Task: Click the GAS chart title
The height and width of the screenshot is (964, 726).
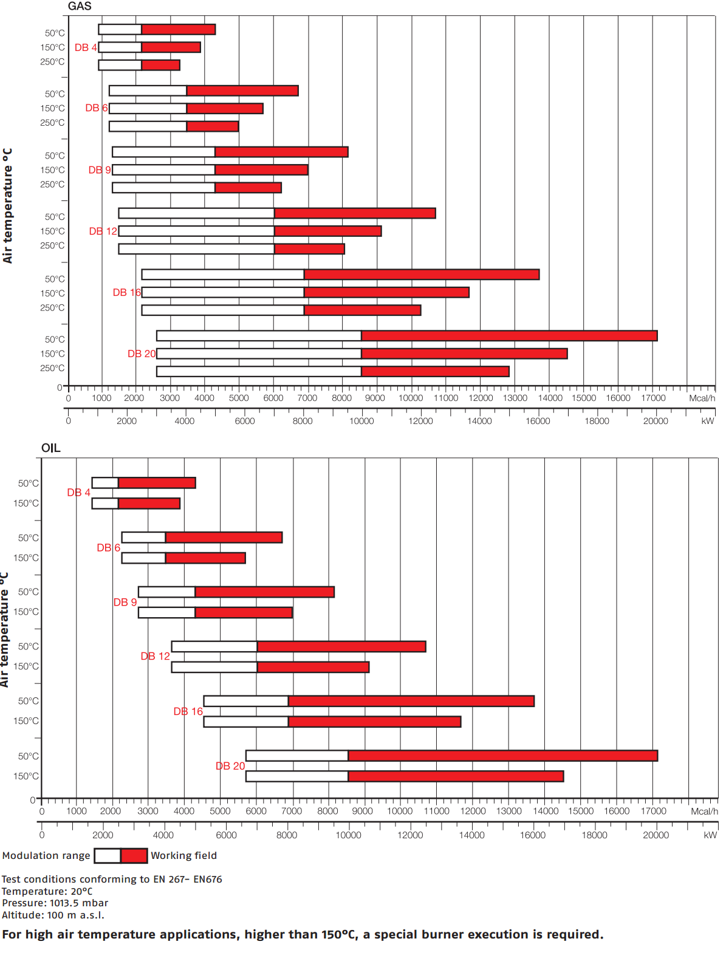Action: (x=80, y=7)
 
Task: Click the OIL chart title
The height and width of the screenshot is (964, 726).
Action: (x=51, y=448)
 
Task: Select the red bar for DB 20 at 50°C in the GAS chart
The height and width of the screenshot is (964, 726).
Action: (x=509, y=336)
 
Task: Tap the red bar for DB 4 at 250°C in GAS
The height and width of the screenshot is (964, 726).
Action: (x=160, y=65)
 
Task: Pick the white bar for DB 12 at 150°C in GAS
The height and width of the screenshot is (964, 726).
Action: (x=196, y=231)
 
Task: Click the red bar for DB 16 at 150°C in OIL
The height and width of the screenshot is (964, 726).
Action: (x=374, y=722)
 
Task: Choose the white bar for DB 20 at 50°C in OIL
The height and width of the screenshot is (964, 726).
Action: (x=297, y=756)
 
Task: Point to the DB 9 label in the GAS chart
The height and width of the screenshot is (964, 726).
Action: (x=100, y=170)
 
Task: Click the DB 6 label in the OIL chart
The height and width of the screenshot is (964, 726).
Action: (x=109, y=548)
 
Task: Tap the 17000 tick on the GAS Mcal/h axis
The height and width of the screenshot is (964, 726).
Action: (x=654, y=398)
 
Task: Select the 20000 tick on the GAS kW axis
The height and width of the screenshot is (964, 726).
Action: (x=656, y=422)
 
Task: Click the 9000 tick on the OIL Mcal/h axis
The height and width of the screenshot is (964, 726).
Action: (x=363, y=812)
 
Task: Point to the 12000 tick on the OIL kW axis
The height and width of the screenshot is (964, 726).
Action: (x=410, y=835)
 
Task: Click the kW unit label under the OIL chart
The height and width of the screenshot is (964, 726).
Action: (x=710, y=835)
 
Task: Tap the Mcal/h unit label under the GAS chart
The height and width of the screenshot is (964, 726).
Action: (x=702, y=398)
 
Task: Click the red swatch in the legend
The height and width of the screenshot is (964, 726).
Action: (x=134, y=856)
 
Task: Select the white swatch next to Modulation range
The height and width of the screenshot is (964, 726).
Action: (x=108, y=856)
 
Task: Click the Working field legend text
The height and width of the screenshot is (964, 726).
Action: (x=183, y=856)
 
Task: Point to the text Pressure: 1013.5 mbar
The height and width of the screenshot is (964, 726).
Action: (x=55, y=903)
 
